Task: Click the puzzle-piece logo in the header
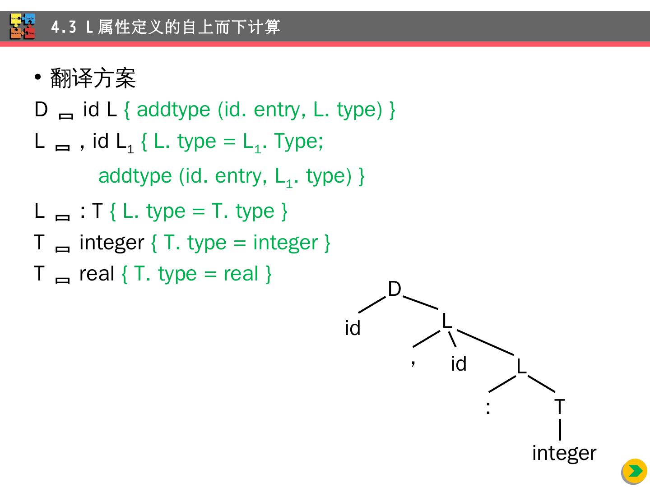tap(23, 27)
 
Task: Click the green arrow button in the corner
tap(635, 471)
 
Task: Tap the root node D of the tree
tap(395, 289)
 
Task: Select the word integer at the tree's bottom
tap(564, 453)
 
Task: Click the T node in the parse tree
tap(559, 407)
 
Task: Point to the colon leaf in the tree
tap(488, 408)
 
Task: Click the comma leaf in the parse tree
tap(413, 362)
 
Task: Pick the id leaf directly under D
tap(353, 328)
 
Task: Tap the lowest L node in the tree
tap(521, 366)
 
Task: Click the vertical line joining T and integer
tap(560, 429)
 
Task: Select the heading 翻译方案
tap(93, 78)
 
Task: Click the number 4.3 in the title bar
tap(64, 28)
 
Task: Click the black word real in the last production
tap(97, 274)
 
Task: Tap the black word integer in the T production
tap(111, 243)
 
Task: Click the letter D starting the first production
tap(41, 110)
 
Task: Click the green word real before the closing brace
tap(241, 274)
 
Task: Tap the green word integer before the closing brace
tap(285, 243)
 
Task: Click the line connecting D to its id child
tap(372, 304)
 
